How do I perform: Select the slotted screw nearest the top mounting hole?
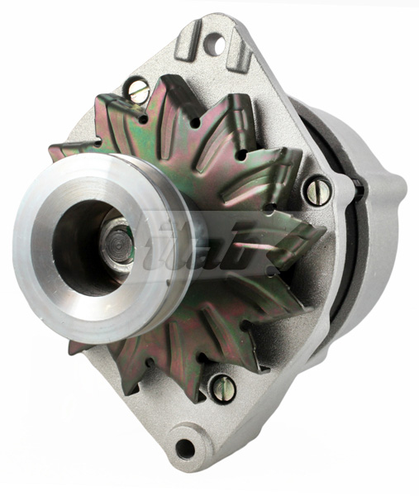click(137, 90)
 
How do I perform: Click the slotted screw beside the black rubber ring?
click(317, 192)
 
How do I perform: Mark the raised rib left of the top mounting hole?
click(188, 38)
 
